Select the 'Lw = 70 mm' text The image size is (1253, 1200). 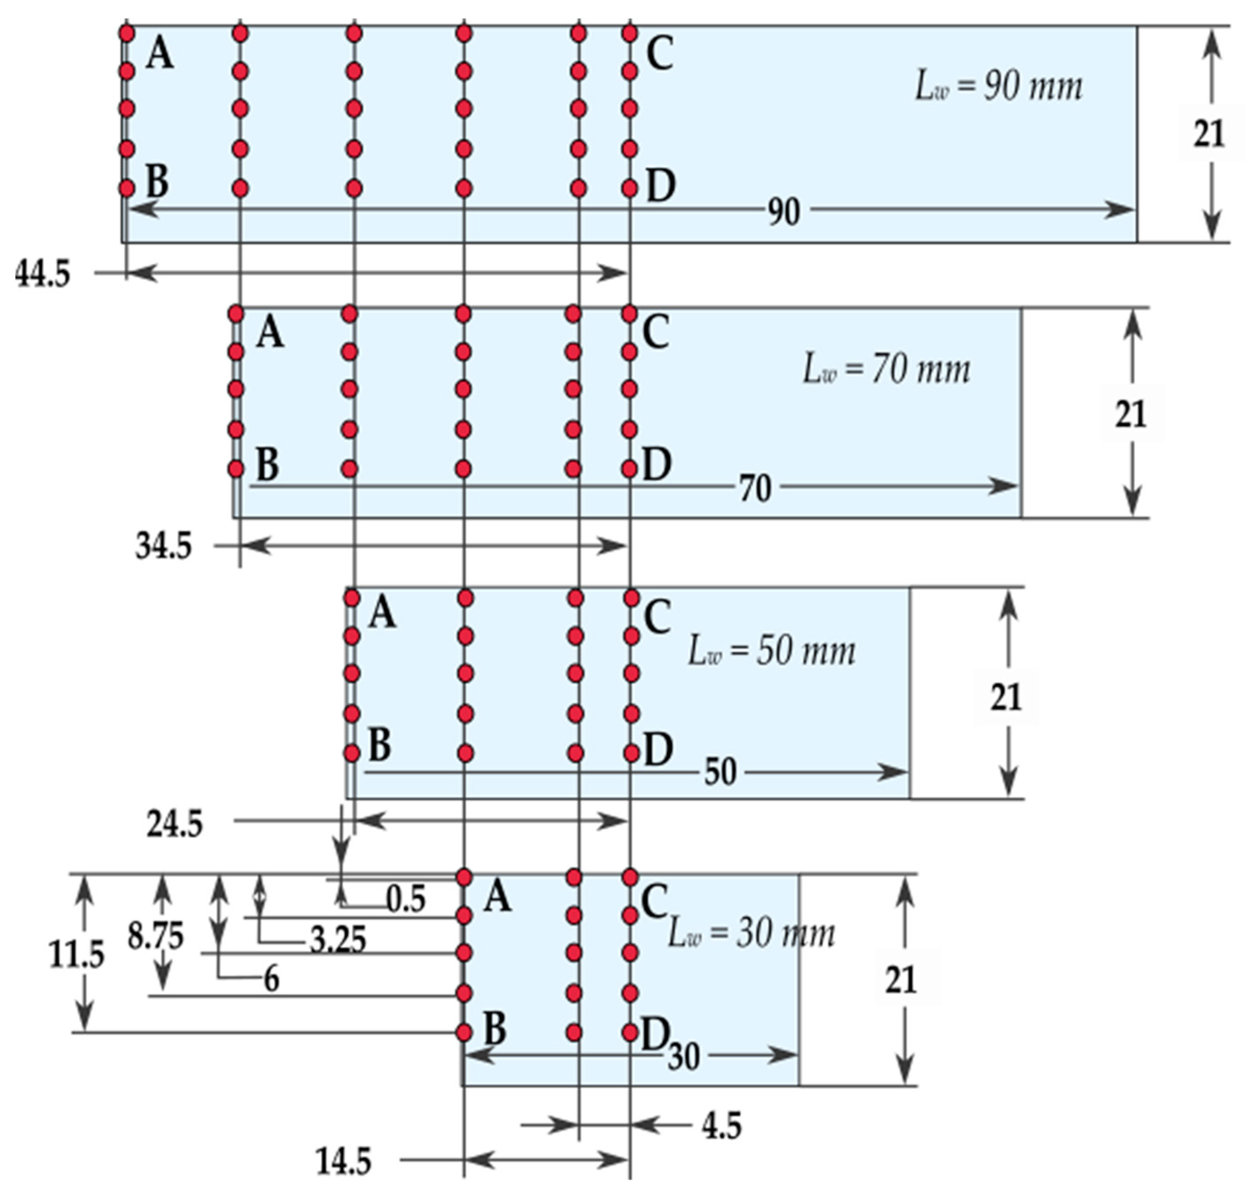point(886,370)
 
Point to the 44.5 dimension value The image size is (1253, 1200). point(42,275)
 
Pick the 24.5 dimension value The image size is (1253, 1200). point(174,825)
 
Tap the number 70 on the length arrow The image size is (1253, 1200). point(756,489)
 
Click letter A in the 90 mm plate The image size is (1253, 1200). point(160,54)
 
